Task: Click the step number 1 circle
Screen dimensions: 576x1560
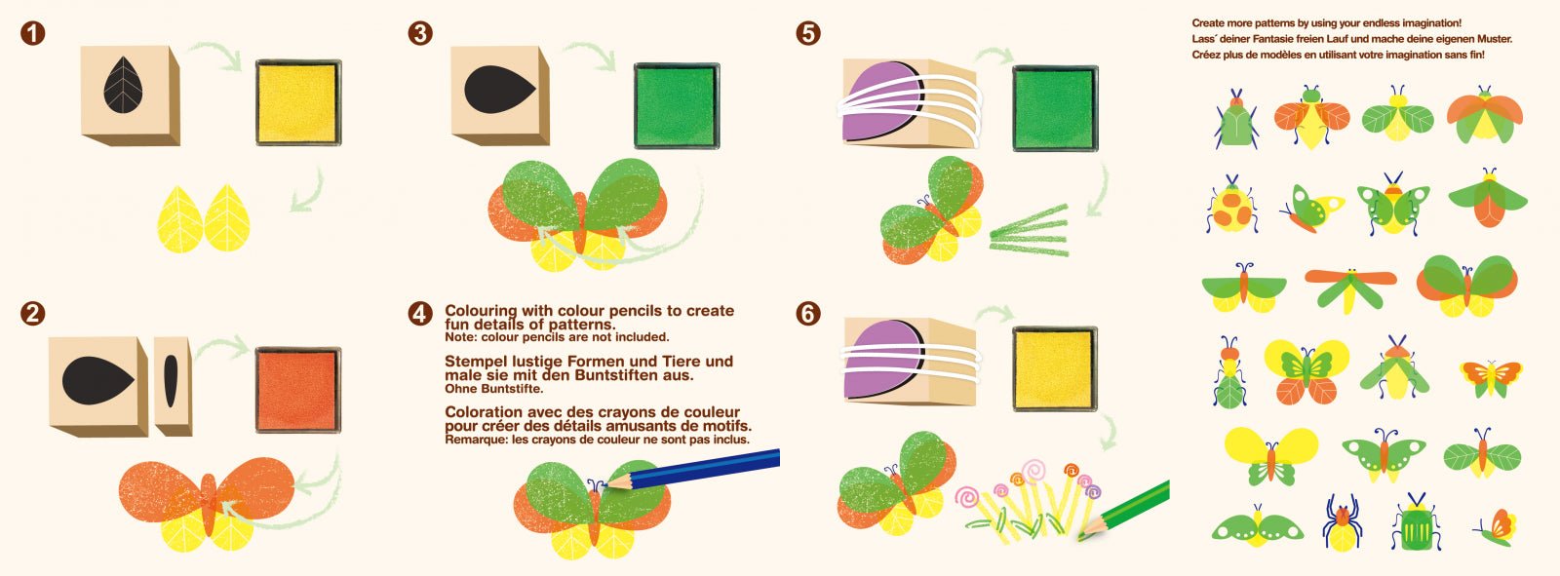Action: (32, 33)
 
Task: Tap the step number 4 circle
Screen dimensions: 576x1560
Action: (420, 313)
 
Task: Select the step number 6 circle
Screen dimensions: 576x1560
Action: (808, 313)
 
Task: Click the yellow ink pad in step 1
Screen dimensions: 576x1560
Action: (298, 102)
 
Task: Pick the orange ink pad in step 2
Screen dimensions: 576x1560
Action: (297, 390)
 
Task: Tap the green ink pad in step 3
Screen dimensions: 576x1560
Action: (676, 106)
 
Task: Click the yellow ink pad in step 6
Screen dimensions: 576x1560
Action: (1054, 368)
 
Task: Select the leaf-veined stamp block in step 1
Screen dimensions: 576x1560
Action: (129, 95)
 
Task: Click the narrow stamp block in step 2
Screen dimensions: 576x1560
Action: (173, 385)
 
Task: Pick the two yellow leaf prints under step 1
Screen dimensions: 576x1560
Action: (204, 217)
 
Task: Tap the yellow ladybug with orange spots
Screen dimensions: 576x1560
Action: (1231, 206)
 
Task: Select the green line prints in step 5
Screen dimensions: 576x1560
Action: (1029, 230)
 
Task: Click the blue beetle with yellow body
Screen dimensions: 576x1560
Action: (1342, 520)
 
